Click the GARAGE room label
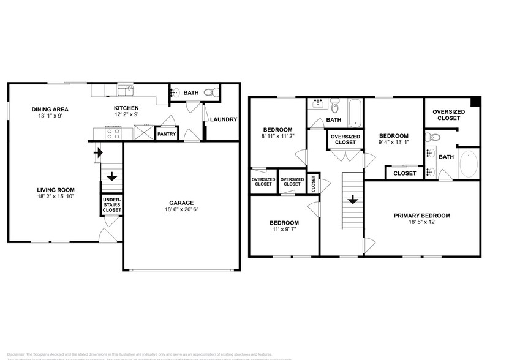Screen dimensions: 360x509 coord(181,203)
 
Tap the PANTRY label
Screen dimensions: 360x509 coord(167,133)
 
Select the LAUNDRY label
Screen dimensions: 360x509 coord(223,119)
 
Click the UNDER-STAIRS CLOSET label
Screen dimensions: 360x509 coord(111,205)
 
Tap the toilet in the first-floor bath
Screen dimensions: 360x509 coord(209,93)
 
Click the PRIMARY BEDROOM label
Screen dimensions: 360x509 coord(422,216)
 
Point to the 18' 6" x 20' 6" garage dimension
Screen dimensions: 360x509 coord(181,210)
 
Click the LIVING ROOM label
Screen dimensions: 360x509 coord(55,190)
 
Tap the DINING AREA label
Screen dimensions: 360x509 coord(50,110)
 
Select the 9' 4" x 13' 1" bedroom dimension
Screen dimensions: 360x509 coord(393,143)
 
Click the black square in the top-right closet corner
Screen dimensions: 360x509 coord(476,100)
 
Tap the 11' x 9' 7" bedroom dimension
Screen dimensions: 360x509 coord(284,230)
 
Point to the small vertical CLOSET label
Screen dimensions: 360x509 coord(313,184)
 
